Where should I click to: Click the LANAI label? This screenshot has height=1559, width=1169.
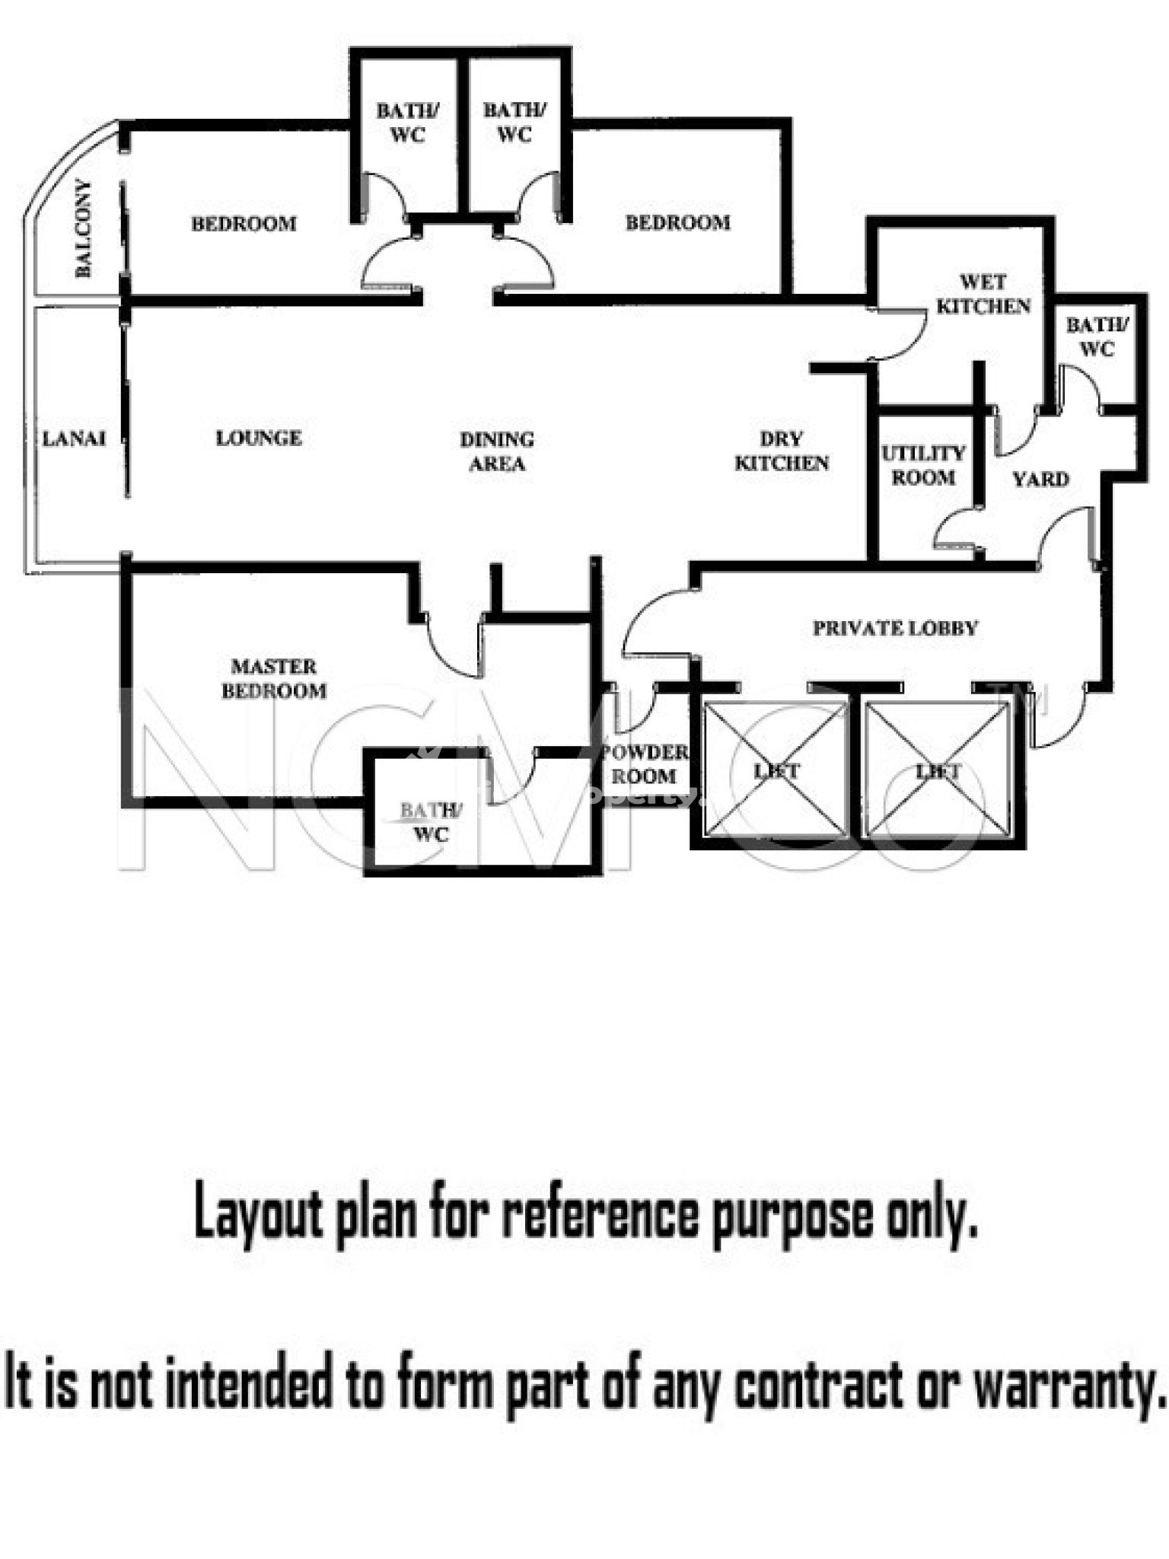click(73, 438)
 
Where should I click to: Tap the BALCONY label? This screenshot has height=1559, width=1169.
click(83, 228)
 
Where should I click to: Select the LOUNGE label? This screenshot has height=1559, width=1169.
click(259, 438)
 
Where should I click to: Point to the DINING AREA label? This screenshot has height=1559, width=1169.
click(497, 451)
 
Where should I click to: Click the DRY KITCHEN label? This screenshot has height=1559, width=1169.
click(782, 451)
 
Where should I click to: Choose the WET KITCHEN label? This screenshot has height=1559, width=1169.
click(983, 294)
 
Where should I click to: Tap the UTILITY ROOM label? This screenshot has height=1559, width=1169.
click(923, 465)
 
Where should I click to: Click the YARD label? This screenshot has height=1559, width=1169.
click(1040, 479)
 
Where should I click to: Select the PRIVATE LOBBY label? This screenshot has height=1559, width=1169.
click(895, 628)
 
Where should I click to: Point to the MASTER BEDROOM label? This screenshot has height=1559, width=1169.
click(274, 678)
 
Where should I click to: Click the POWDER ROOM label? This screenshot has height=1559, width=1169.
click(644, 764)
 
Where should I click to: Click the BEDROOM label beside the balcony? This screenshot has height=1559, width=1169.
click(244, 224)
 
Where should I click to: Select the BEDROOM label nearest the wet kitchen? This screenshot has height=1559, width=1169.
click(677, 222)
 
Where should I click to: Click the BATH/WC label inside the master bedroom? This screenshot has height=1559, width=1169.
click(430, 822)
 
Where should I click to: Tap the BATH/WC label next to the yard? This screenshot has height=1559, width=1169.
click(1097, 336)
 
